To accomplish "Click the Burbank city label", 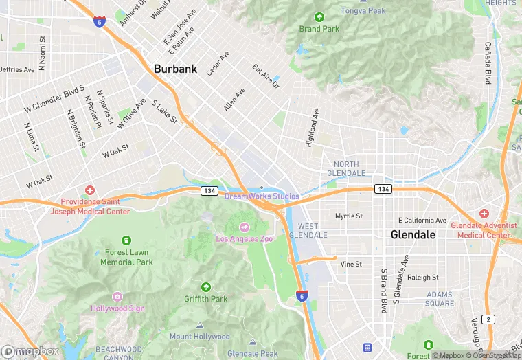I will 175,69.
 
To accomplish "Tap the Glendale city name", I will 413,234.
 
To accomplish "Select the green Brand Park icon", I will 319,17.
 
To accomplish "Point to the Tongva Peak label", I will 363,10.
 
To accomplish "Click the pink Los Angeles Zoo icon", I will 243,227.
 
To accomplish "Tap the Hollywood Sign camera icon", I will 117,297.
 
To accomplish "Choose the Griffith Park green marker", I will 205,287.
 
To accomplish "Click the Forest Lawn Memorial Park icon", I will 126,240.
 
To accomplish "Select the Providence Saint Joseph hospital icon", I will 89,190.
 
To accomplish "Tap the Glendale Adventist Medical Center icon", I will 484,214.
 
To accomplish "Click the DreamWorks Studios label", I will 262,196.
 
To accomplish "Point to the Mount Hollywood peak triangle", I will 199,326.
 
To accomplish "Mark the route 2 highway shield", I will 487,319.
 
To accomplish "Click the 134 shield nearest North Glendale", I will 383,188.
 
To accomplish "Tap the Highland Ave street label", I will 313,128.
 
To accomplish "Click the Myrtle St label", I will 348,216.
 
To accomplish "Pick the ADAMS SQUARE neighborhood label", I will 439,299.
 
